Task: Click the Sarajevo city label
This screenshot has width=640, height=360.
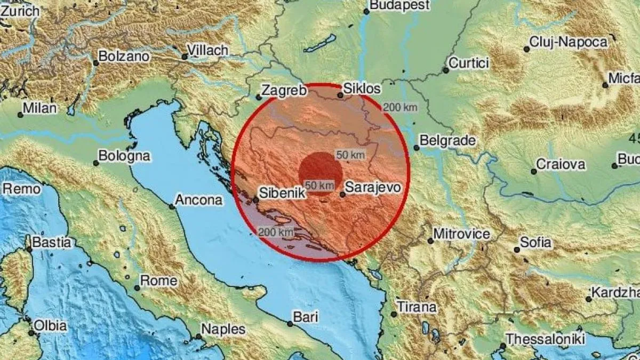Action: pos(371,187)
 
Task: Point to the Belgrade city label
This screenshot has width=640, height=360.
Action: pos(447,141)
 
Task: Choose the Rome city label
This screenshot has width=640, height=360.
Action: pos(158,281)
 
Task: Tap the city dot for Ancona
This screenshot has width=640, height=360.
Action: pos(172,206)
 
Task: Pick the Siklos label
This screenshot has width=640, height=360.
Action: pos(363,89)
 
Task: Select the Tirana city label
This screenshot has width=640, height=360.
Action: pos(417,307)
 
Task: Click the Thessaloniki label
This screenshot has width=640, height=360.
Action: pos(546,339)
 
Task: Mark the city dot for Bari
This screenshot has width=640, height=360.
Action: pos(290,323)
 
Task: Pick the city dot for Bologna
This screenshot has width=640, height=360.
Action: pos(96,163)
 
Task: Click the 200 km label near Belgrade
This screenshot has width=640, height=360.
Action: pos(400,107)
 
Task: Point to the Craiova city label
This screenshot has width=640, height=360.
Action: pos(560,164)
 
